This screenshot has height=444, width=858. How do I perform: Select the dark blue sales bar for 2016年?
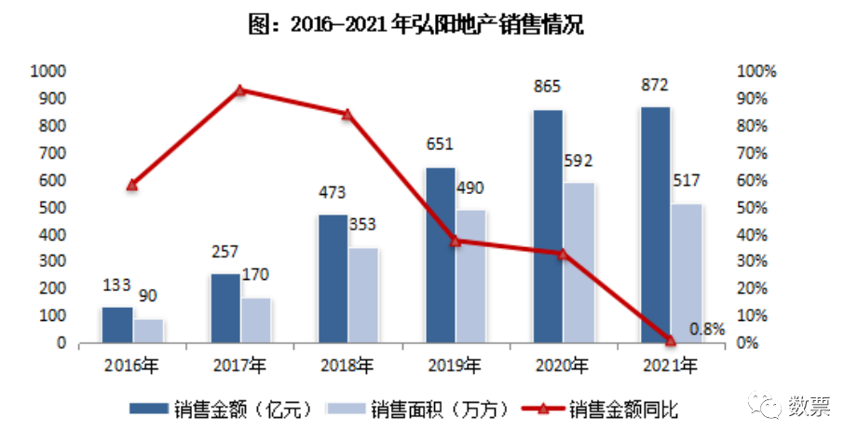click(x=116, y=325)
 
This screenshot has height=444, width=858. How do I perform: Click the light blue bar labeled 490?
click(x=470, y=276)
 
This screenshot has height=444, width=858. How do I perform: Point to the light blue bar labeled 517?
click(x=686, y=272)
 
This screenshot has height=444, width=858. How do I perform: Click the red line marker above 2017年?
click(x=239, y=90)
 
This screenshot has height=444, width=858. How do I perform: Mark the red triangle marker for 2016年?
click(x=132, y=185)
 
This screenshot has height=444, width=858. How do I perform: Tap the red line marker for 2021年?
click(x=670, y=340)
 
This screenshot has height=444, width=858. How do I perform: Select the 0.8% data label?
click(x=707, y=328)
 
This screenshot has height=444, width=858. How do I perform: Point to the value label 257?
click(x=225, y=252)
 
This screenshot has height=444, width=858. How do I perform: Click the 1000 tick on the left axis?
click(x=48, y=71)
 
